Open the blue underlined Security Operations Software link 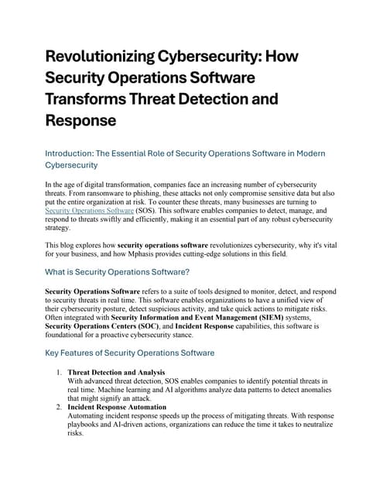pos(89,210)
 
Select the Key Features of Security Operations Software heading pos(130,353)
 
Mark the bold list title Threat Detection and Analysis pos(116,373)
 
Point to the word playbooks pos(87,425)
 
